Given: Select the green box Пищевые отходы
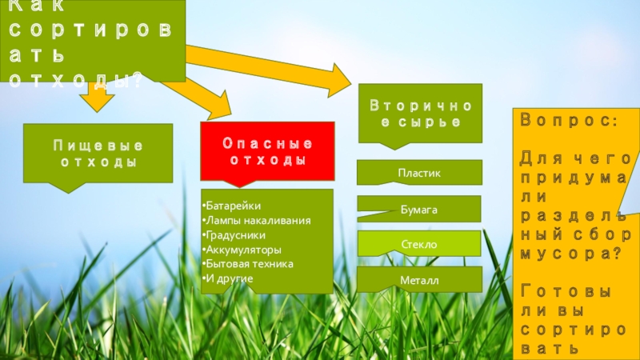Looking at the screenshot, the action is click(x=98, y=154).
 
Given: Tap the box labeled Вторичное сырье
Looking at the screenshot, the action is click(x=420, y=113).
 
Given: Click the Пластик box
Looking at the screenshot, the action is click(x=419, y=173).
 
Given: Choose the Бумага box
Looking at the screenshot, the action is click(x=419, y=209).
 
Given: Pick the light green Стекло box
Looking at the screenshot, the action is click(x=419, y=243).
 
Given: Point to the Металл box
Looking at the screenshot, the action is click(x=419, y=279).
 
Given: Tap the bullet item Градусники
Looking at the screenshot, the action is click(x=238, y=234).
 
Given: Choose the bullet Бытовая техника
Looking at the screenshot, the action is click(x=250, y=263).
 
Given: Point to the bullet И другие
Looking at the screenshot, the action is click(x=230, y=278).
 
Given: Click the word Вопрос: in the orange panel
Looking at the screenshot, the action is click(x=568, y=120).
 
